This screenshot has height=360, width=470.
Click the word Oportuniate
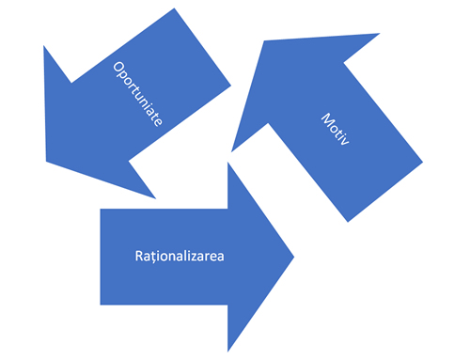pos(138,94)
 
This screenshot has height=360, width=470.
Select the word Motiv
pos(336,129)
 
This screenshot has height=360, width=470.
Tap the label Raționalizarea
pos(180,257)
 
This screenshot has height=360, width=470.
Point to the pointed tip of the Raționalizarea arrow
pos(294,257)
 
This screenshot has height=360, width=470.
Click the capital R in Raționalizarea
pos(139,256)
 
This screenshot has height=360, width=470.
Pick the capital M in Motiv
pos(327,119)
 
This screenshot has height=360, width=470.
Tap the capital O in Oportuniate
pos(118,68)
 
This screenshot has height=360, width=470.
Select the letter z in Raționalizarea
pos(198,258)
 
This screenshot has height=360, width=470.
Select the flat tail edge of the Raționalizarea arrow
pos(101,257)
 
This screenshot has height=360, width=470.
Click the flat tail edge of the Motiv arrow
pos(385,192)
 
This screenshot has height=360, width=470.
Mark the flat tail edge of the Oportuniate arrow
pos(202,46)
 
